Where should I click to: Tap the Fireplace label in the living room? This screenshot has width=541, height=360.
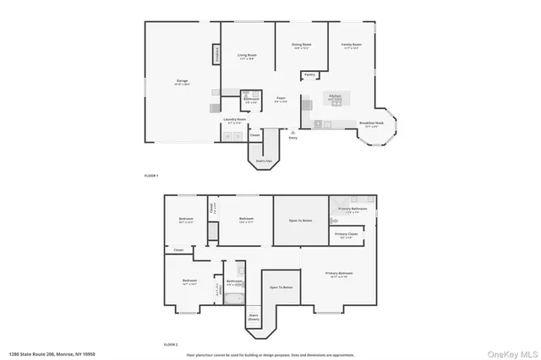216,56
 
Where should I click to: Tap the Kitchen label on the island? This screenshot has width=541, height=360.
335,97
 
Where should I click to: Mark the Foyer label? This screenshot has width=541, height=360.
281,99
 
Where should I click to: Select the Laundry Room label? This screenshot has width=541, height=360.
234,120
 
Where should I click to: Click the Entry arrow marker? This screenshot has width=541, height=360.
292,133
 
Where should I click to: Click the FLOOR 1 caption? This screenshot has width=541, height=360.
152,175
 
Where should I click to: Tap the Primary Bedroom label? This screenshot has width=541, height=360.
341,274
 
